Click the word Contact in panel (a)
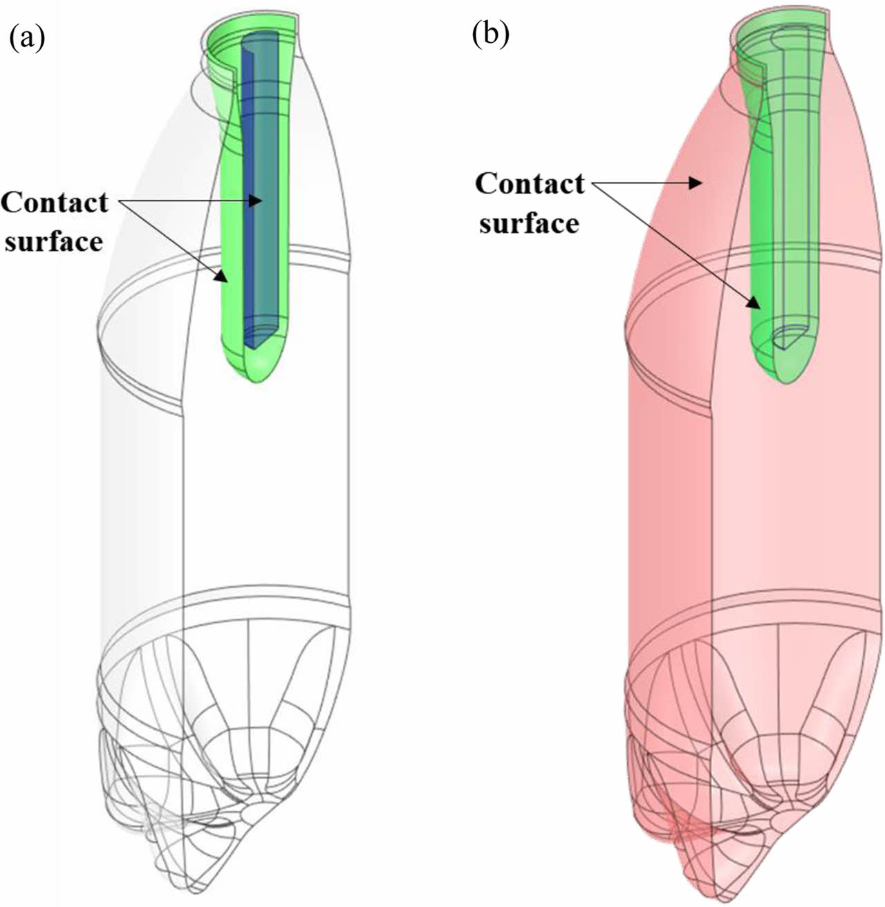click(55, 203)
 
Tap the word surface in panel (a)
click(53, 241)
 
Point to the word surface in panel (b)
click(529, 223)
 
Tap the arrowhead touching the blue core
click(257, 200)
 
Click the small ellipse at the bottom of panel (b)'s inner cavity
click(788, 337)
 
